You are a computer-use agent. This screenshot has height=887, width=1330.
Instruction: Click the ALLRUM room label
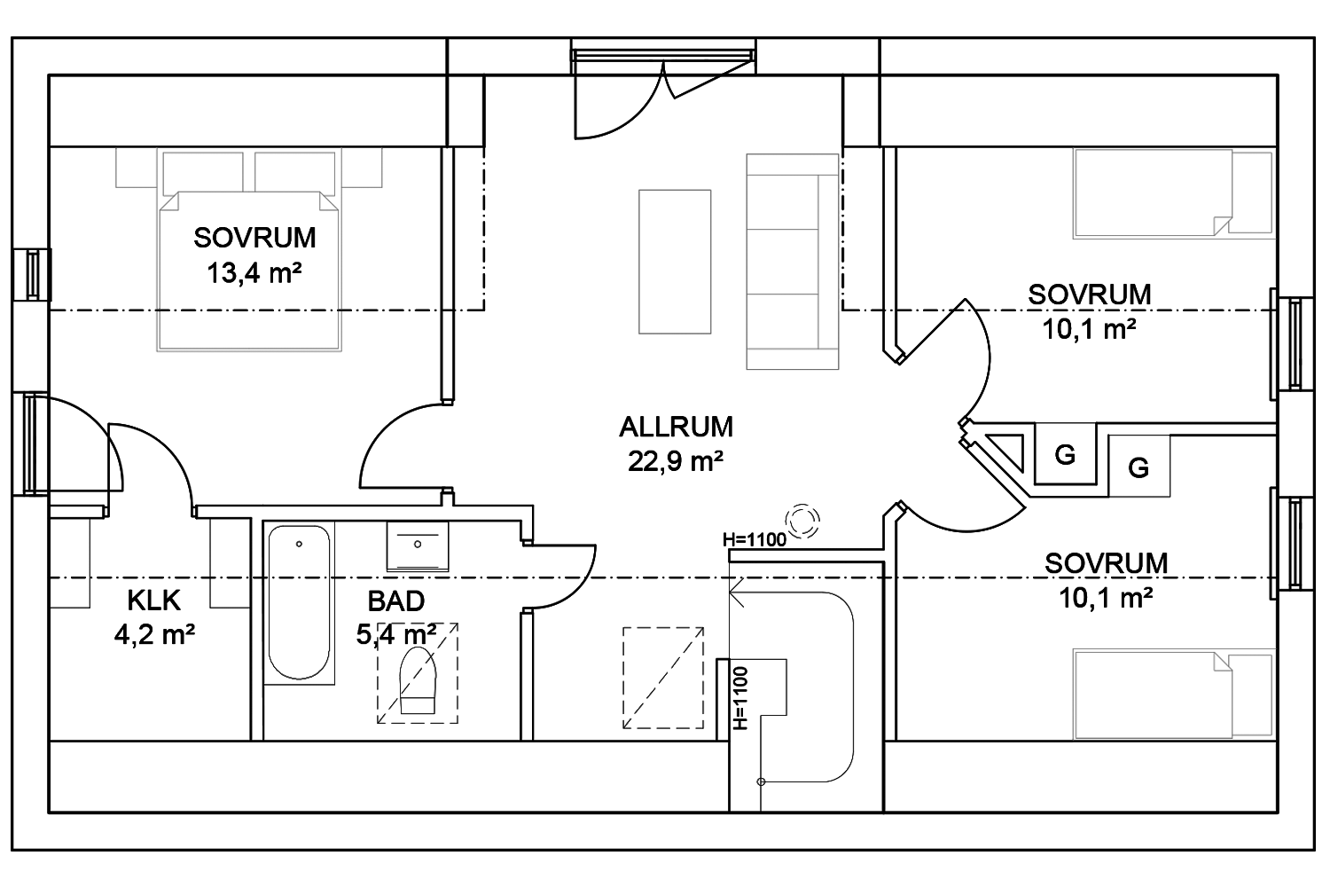click(x=676, y=428)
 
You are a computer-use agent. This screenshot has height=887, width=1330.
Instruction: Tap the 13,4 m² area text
click(x=254, y=273)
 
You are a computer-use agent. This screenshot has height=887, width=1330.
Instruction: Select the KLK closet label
click(x=153, y=600)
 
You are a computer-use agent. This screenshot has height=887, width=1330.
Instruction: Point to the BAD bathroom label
click(x=396, y=601)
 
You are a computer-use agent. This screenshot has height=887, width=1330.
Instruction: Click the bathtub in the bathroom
click(x=299, y=602)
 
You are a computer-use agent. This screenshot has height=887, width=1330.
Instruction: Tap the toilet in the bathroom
click(x=418, y=679)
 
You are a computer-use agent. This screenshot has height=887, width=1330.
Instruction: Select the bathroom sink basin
click(x=418, y=546)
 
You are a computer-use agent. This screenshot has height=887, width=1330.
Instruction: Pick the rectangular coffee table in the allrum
click(x=675, y=262)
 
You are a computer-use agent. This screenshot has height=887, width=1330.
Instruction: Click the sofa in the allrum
click(x=793, y=262)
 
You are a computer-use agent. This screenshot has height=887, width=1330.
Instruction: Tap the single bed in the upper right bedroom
click(x=1173, y=193)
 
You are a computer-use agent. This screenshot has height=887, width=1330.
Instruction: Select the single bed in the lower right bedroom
click(x=1173, y=695)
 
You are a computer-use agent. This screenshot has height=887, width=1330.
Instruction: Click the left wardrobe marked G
click(x=1065, y=454)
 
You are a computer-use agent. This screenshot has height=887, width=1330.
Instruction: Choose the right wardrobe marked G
click(x=1138, y=467)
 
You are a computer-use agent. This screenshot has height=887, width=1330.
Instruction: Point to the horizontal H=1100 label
click(x=755, y=539)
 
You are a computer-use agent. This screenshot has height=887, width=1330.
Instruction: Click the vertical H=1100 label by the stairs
click(x=740, y=698)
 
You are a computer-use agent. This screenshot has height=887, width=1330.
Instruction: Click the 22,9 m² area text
click(x=676, y=461)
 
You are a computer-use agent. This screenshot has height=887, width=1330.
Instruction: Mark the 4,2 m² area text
click(x=154, y=634)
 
